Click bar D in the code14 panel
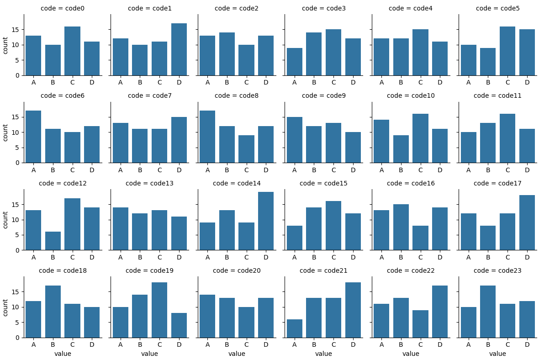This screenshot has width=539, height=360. tap(266, 221)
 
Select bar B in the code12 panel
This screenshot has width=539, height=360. tap(53, 241)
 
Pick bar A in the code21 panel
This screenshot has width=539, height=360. tap(295, 328)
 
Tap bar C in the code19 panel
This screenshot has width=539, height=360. tap(159, 310)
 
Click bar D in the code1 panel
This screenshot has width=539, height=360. tap(179, 49)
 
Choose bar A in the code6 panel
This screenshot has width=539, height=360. tap(33, 137)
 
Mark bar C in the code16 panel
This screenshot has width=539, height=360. tap(420, 238)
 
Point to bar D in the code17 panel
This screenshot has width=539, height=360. tap(527, 222)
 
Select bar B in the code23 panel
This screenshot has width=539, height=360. tap(488, 312)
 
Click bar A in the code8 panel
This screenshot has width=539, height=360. tap(207, 137)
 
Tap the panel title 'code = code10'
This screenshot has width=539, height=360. tap(411, 95)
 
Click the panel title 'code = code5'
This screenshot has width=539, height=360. tap(498, 8)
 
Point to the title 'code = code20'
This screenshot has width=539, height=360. tap(237, 270)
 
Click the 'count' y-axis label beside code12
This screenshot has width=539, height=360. tap(5, 220)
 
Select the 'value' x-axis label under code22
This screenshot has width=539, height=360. tap(411, 354)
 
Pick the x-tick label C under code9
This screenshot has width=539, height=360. tap(333, 170)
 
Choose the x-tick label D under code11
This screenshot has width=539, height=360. tap(527, 170)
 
